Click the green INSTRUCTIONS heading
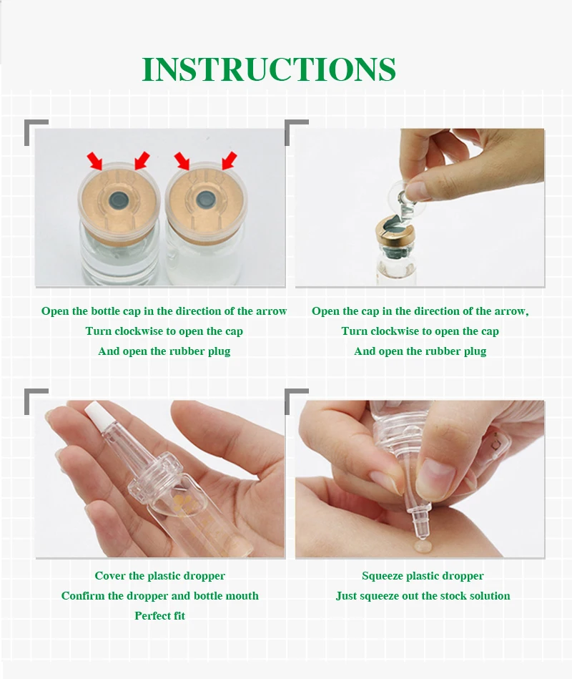(268, 69)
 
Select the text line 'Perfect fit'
(159, 616)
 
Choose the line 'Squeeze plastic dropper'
(423, 576)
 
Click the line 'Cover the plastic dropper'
(159, 576)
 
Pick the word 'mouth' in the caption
(243, 596)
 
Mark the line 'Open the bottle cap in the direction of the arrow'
(164, 311)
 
